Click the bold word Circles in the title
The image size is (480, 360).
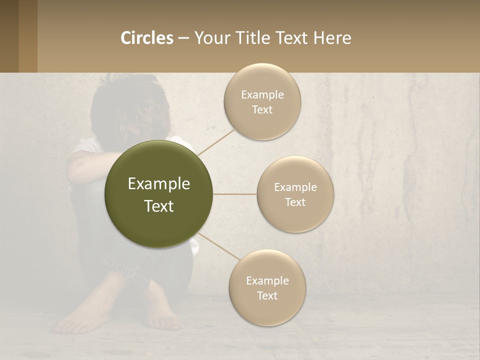pos(146,38)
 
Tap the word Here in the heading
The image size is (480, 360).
pos(332,38)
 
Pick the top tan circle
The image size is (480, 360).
pos(262,80)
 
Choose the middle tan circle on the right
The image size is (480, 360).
pos(295,215)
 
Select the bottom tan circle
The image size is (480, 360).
pos(267,310)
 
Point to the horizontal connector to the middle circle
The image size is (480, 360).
pos(235,194)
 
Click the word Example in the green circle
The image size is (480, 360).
pos(159,184)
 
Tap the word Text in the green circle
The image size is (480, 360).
pos(159,206)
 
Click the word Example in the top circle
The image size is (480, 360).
pos(262,95)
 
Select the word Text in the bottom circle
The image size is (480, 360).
pos(267,295)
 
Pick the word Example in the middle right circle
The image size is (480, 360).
pos(295,187)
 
